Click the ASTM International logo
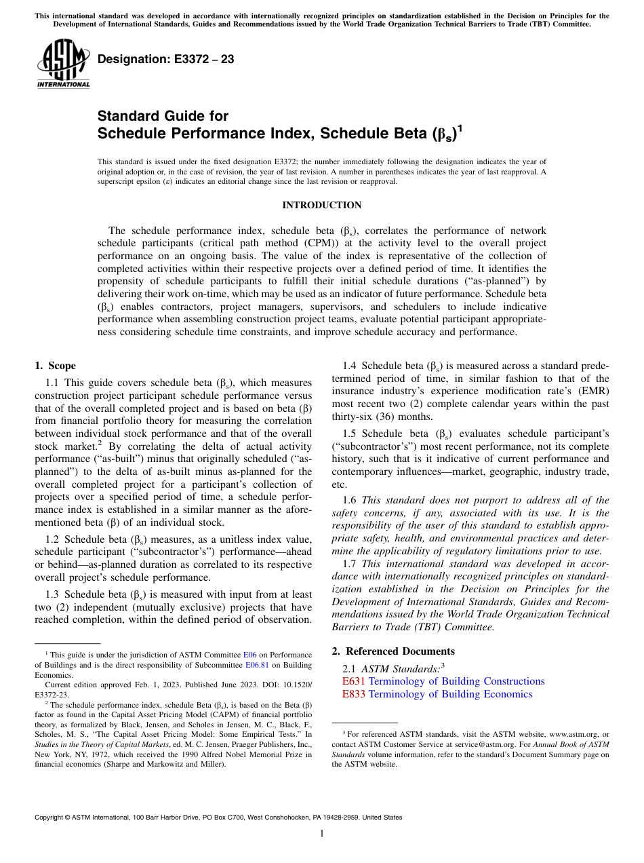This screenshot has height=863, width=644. point(62,64)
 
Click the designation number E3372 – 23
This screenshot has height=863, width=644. point(165,60)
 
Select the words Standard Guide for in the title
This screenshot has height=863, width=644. point(163,116)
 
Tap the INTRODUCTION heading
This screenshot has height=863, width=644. point(321,205)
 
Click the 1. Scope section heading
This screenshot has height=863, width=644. point(55,366)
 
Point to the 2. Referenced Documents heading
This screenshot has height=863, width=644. point(393,651)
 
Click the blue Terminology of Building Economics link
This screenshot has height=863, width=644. point(450,694)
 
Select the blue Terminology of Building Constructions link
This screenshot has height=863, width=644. point(456,681)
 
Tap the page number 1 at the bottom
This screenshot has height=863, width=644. point(322,834)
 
